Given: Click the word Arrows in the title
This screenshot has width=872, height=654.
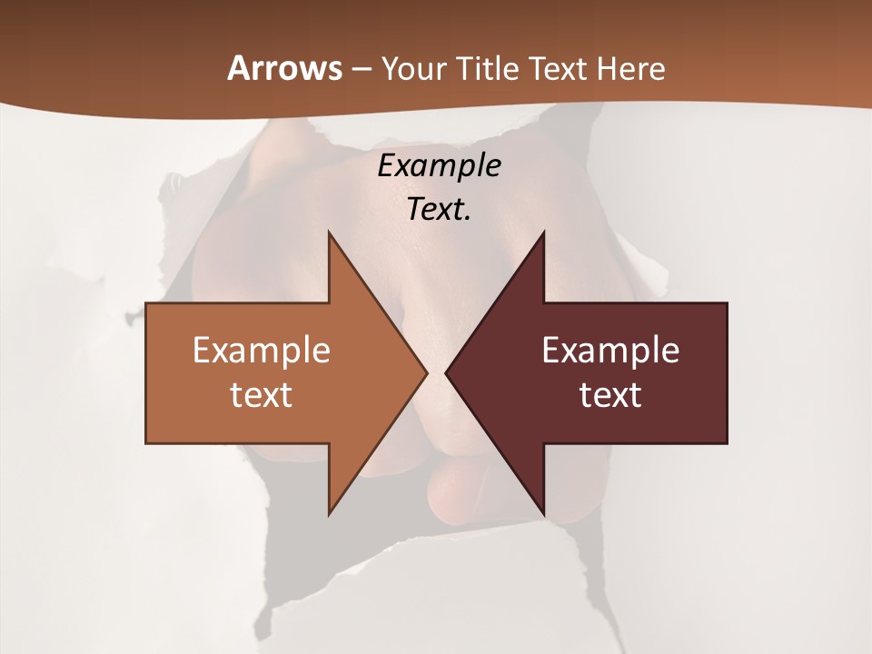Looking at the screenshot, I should pos(284,68).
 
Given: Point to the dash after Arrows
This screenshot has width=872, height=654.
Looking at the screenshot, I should pos(361,69).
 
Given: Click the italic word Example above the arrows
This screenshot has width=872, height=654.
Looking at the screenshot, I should pos(439,165).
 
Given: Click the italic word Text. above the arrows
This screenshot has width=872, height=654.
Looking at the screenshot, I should pos(439,209).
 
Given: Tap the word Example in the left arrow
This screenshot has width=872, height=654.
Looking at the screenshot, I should pos(262,350).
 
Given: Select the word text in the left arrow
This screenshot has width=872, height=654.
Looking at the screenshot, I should pos(262,394).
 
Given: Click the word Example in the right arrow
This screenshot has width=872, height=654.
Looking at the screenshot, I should pos(610,350).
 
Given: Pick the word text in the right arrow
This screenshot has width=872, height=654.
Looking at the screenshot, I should pos(610,394).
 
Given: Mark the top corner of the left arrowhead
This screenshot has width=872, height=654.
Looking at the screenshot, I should pos(330,233).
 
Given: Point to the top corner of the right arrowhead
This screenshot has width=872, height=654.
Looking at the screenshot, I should pos(543,233).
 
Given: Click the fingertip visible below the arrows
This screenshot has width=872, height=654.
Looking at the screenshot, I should pos(463,490).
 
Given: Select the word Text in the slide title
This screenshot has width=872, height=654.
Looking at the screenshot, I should pos(558,68).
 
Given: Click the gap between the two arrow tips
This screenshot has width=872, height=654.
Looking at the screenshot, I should pos(436,372).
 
